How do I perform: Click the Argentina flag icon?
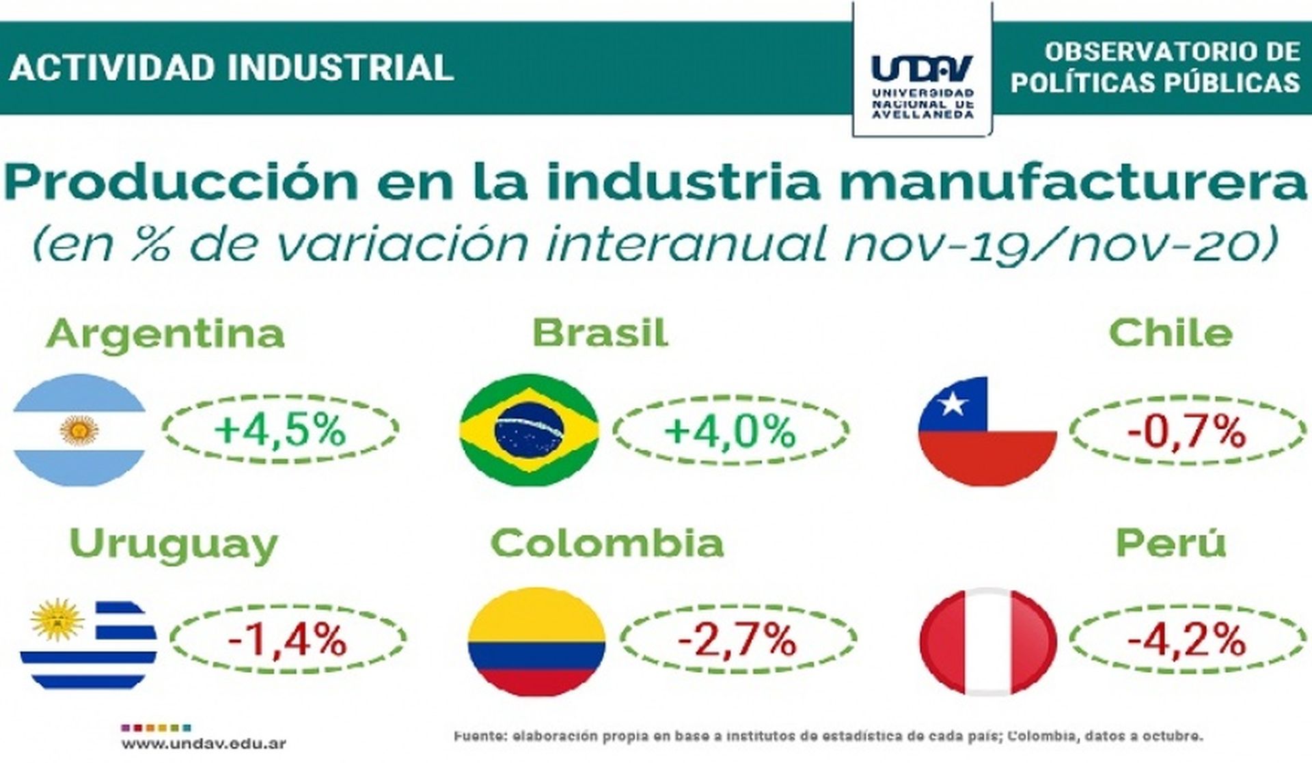pos(79,430)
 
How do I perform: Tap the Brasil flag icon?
pos(529,430)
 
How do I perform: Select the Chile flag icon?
pos(987,431)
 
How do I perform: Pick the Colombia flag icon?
pos(536,641)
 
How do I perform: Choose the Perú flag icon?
pos(987,641)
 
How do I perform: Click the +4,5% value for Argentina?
pos(280,430)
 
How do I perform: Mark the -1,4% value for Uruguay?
pos(288,640)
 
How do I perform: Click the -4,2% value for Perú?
pos(1186,640)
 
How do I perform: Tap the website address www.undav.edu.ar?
pos(204,743)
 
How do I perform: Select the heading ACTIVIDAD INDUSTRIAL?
pos(232,68)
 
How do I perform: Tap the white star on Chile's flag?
pos(952,404)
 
